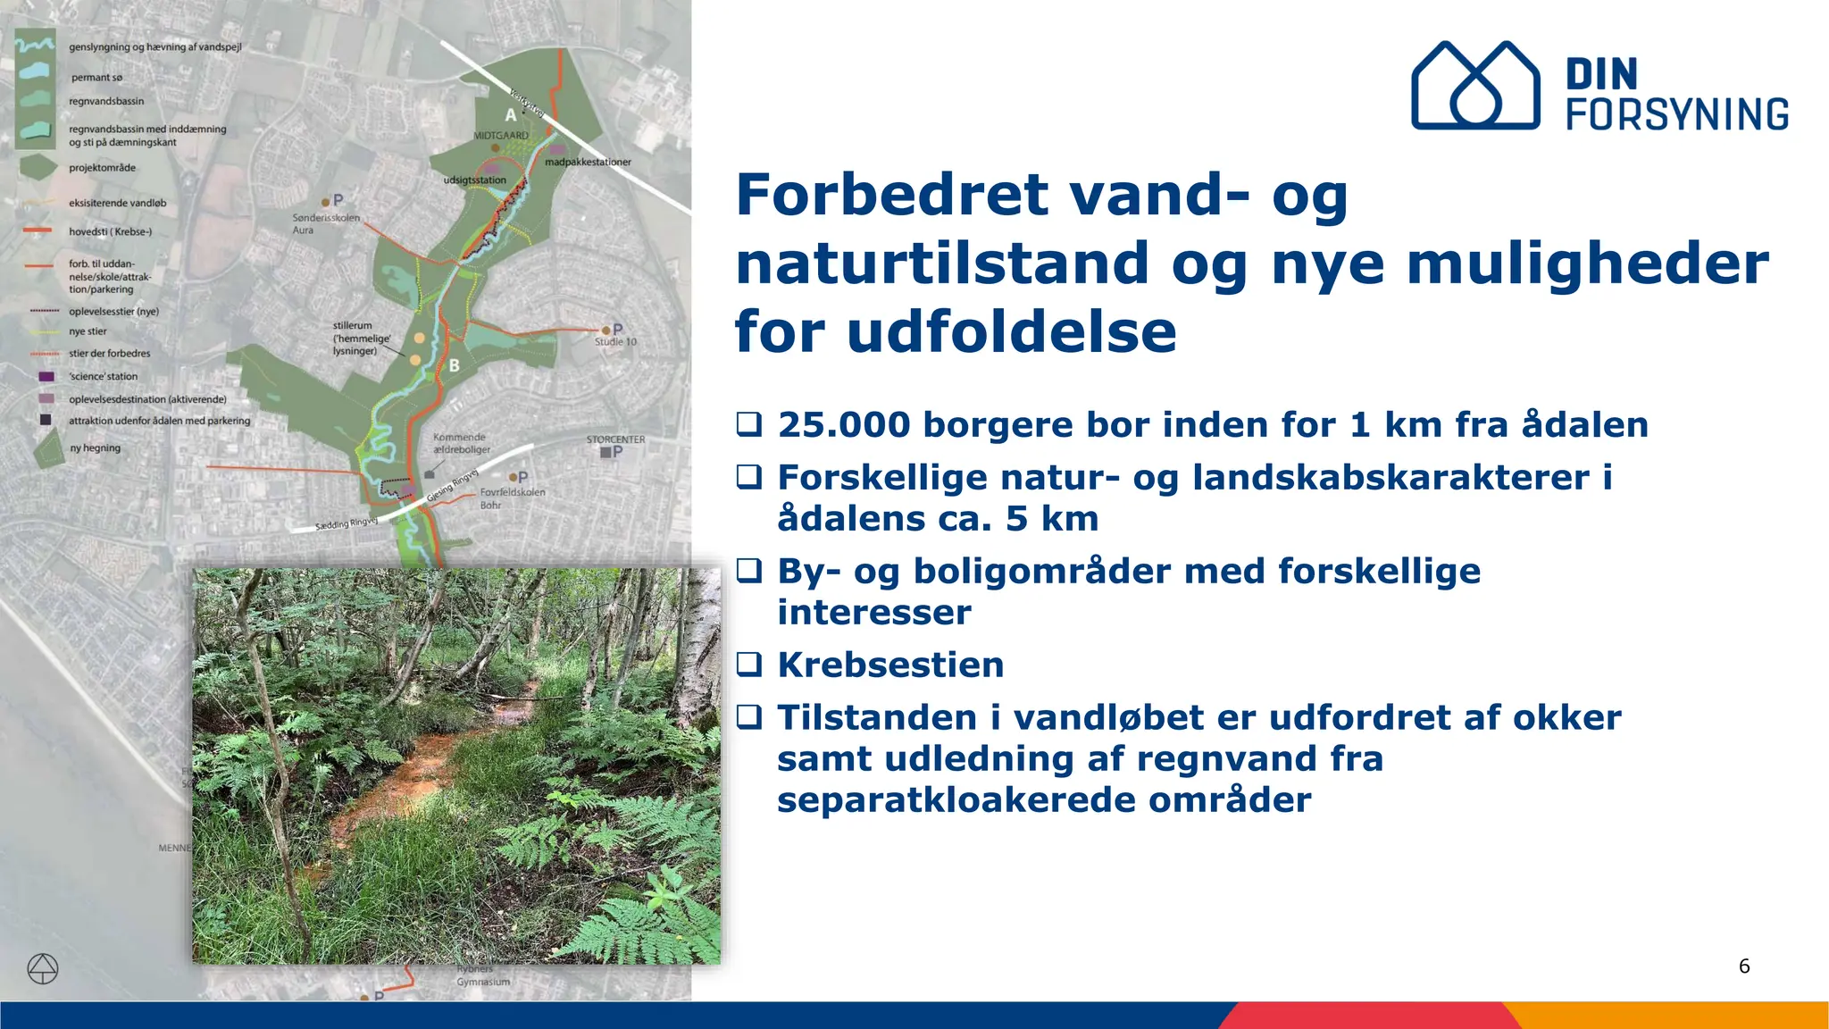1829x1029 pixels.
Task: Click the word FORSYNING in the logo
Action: click(1677, 114)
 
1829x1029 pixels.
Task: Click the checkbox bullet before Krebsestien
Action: click(749, 665)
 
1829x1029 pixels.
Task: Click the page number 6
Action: click(1743, 966)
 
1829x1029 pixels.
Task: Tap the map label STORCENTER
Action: click(615, 439)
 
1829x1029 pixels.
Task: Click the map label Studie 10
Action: click(615, 342)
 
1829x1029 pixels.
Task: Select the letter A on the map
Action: click(510, 114)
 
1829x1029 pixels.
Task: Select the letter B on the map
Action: click(454, 364)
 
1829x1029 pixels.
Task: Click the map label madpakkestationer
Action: click(588, 162)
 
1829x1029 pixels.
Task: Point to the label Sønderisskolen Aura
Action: click(325, 223)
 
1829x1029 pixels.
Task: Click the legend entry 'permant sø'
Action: click(96, 78)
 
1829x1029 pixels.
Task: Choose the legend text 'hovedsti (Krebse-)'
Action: click(110, 231)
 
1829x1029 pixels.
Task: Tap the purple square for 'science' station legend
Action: click(46, 376)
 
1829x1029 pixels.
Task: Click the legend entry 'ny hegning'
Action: click(95, 448)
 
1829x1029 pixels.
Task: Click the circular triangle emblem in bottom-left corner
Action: click(43, 968)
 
